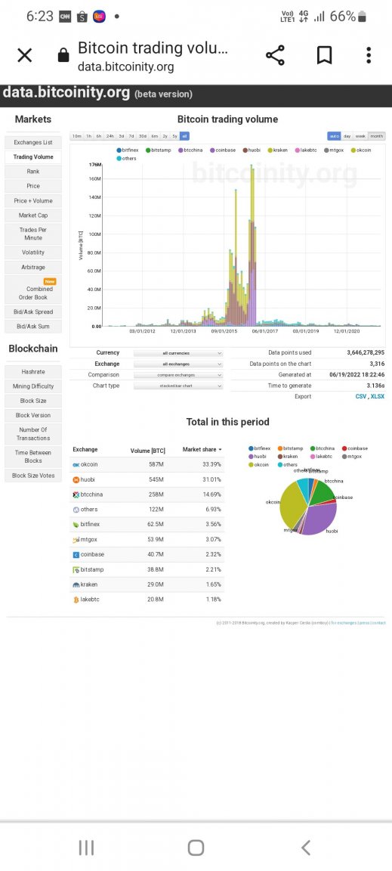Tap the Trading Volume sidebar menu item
[33, 157]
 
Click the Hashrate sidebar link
[33, 371]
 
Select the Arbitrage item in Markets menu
[33, 267]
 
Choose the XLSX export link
[378, 396]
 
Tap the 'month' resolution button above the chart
[376, 136]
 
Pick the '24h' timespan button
[110, 136]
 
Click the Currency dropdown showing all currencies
[178, 353]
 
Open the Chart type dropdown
[178, 386]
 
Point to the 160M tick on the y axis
[94, 179]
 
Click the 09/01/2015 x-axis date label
[225, 330]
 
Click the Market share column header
[202, 450]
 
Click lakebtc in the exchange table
[91, 600]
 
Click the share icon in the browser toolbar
[275, 55]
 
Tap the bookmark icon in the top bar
[324, 55]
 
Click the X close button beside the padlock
[25, 55]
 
